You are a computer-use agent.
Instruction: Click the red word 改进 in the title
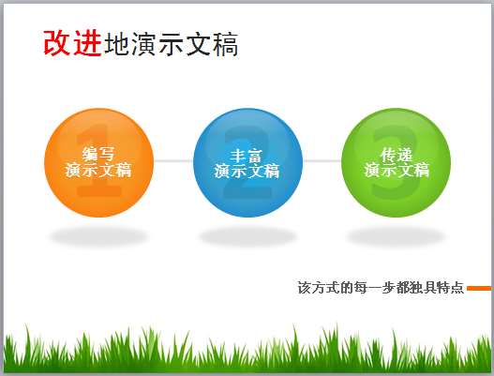[72, 43]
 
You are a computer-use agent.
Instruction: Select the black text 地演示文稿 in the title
[172, 44]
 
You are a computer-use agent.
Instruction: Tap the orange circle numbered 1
[99, 162]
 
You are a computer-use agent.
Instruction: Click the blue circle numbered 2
[248, 162]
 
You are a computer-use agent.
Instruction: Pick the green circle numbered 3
[396, 162]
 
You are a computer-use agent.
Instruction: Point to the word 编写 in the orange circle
[98, 154]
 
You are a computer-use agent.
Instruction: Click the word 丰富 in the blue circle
[247, 156]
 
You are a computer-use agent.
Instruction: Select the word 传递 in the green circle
[397, 155]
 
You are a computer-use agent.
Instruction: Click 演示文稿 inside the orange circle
[98, 171]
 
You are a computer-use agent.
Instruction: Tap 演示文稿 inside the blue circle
[247, 172]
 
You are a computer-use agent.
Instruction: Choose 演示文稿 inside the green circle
[397, 171]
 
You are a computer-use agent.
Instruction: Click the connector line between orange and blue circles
[173, 161]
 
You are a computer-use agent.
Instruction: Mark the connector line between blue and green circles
[322, 161]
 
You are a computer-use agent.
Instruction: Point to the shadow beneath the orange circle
[99, 236]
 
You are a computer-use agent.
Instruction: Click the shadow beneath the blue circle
[248, 236]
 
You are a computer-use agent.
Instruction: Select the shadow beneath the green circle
[396, 236]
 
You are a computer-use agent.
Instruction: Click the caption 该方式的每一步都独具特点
[381, 288]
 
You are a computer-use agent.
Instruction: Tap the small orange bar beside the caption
[479, 289]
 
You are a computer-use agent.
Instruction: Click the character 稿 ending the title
[226, 44]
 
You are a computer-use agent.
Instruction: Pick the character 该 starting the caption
[305, 288]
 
